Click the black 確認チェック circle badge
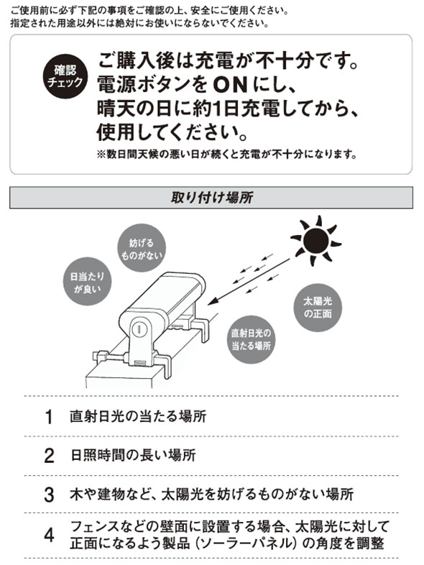[65, 76]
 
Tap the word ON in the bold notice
[230, 85]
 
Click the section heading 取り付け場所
[211, 198]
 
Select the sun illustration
[316, 240]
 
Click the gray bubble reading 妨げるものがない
[142, 248]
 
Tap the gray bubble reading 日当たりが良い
[87, 282]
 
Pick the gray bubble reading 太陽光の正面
[318, 308]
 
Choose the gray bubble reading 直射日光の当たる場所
[251, 339]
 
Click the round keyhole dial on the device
[138, 329]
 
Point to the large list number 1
[49, 417]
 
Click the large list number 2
[49, 456]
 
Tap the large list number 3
[49, 495]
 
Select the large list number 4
[49, 535]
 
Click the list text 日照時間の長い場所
[133, 456]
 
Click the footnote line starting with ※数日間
[227, 155]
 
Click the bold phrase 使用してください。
[172, 132]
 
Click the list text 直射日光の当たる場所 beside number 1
[138, 416]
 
